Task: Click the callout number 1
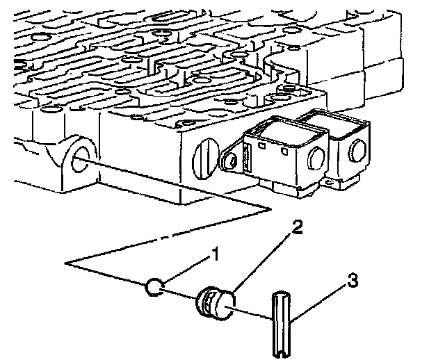tap(216, 254)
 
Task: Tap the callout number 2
tap(297, 227)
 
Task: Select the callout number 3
tap(353, 281)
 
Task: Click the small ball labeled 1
tap(154, 286)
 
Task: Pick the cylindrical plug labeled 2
tap(216, 303)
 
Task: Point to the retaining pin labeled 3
tap(281, 324)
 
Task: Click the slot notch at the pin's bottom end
tap(281, 354)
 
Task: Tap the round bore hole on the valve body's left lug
tap(81, 160)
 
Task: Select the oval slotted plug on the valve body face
tap(206, 158)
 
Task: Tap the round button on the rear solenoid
tap(359, 151)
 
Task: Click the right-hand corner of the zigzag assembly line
tap(270, 209)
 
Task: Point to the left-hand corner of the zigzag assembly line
tap(66, 263)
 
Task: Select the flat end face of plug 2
tap(225, 305)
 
